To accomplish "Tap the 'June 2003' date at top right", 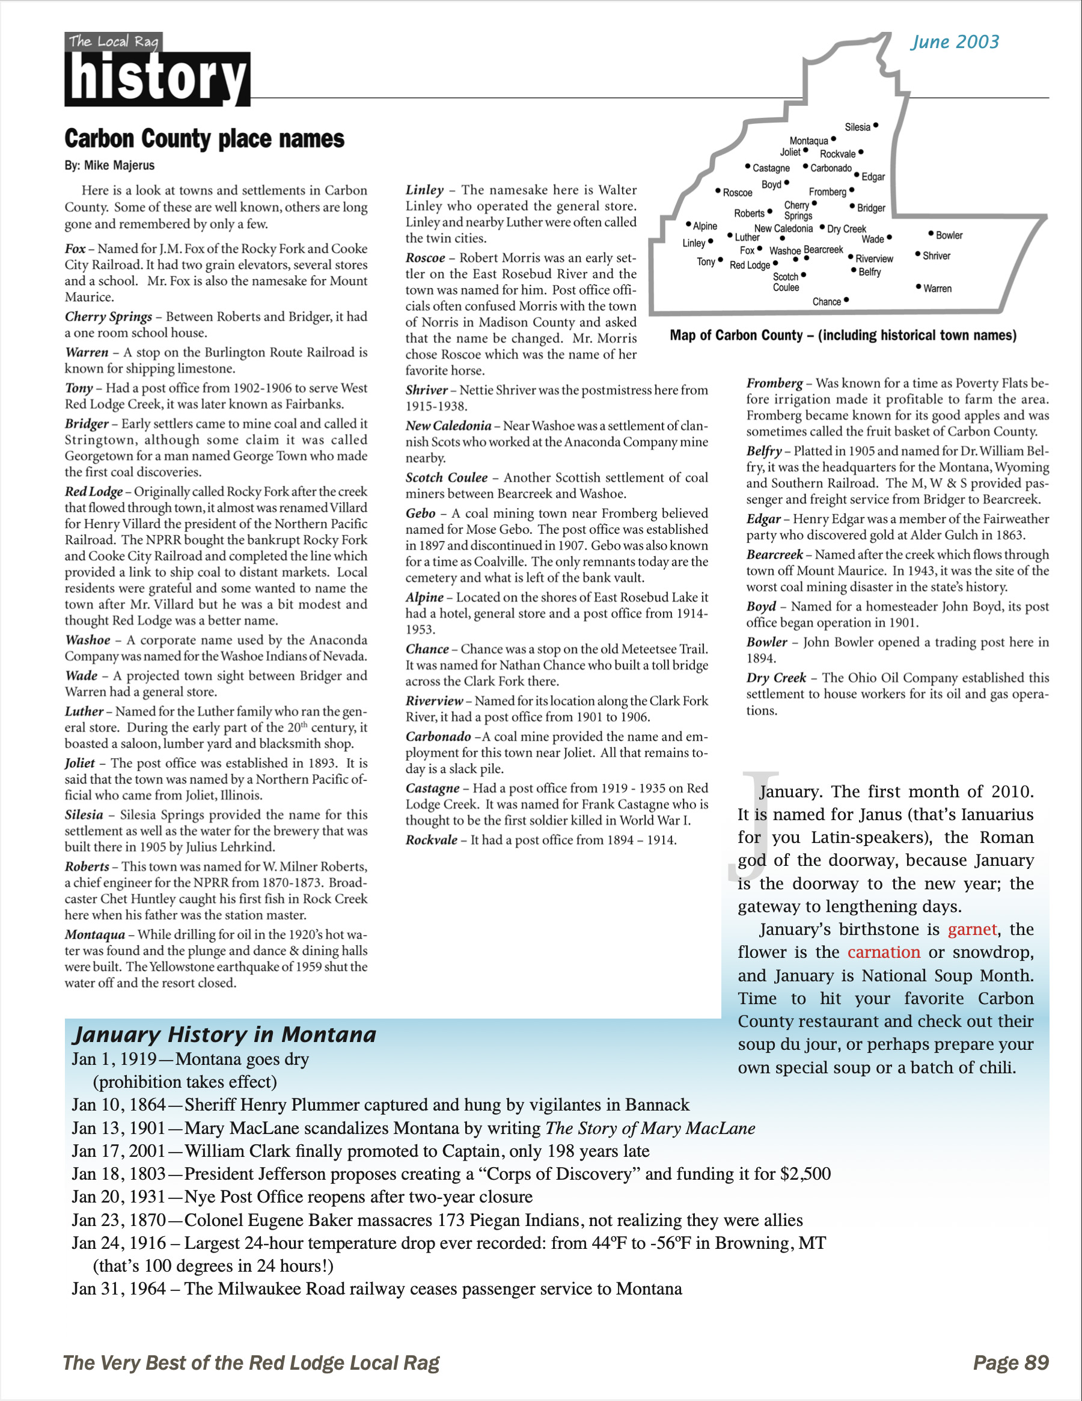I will [x=955, y=42].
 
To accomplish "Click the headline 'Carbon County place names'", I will [x=204, y=138].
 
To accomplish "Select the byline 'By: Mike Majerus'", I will [x=109, y=165].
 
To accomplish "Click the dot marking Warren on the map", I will [x=918, y=287].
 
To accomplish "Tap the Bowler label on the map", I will [x=949, y=236].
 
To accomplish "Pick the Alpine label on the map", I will [x=705, y=226].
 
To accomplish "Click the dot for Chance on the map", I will [x=846, y=299].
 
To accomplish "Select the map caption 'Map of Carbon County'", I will [x=843, y=335].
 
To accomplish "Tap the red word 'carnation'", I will [x=884, y=952].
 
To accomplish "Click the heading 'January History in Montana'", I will [x=224, y=1035].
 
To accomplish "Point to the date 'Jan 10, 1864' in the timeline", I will [x=118, y=1105].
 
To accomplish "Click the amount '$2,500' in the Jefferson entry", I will [x=805, y=1174].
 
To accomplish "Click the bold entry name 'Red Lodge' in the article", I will [x=94, y=492].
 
